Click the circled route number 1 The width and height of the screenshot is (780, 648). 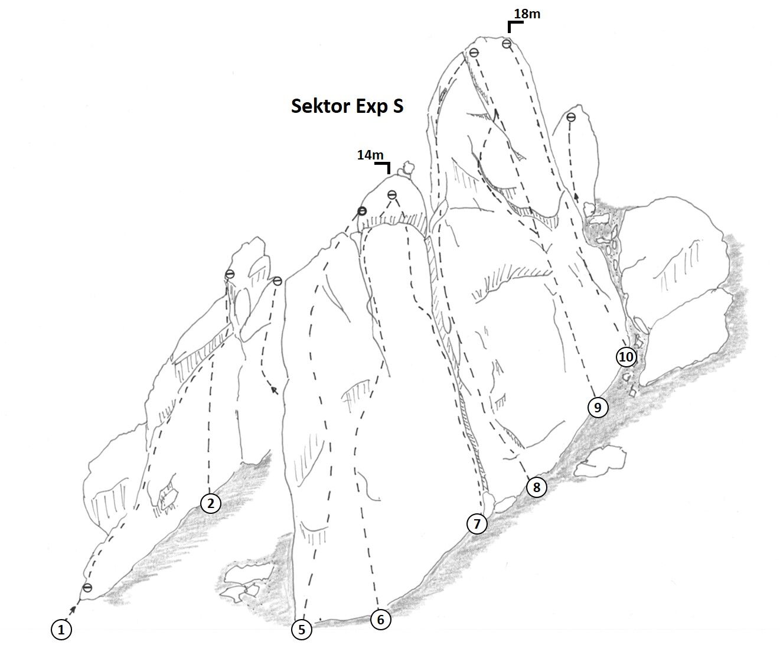point(61,630)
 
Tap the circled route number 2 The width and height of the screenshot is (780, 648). point(211,503)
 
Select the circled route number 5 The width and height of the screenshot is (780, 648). point(302,630)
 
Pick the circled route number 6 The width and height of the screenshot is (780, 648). point(380,620)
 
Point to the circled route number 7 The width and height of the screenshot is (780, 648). point(477,523)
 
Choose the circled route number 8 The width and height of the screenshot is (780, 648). point(536,487)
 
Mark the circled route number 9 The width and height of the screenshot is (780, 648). point(598,407)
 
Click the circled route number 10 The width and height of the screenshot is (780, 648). point(626,357)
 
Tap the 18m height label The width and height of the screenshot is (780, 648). point(527,14)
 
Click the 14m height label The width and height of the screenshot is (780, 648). point(370,155)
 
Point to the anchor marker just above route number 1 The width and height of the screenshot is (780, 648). point(87,588)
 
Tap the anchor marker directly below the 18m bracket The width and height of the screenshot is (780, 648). point(507,44)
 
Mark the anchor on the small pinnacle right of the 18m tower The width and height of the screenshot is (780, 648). point(570,118)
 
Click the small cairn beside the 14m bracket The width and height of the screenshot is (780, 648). point(405,170)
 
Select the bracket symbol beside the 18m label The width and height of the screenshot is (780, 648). point(514,26)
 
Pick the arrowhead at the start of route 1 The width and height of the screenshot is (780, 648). point(74,608)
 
